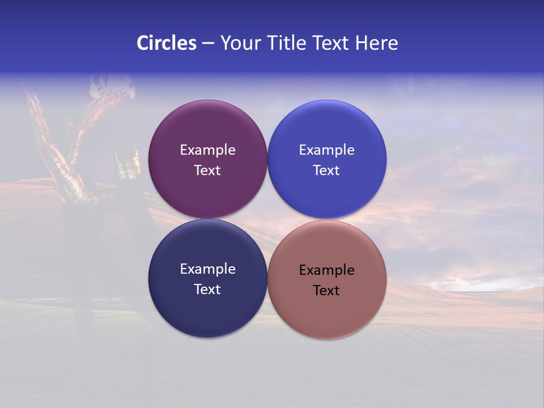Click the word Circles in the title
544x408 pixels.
point(167,43)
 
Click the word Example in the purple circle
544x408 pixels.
point(207,150)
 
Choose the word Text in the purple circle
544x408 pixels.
point(207,171)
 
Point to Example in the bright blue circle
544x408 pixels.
point(326,150)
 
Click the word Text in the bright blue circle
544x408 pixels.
point(326,171)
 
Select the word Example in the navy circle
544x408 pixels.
point(207,269)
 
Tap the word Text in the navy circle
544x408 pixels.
point(207,290)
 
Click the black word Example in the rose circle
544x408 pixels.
point(326,270)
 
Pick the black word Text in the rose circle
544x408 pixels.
point(326,291)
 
